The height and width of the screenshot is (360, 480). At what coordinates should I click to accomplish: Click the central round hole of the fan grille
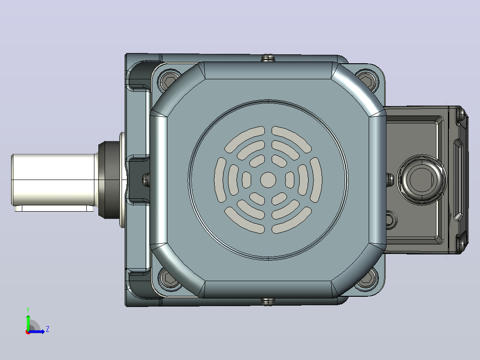point(268,180)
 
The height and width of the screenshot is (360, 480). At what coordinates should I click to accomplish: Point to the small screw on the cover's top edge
point(268,58)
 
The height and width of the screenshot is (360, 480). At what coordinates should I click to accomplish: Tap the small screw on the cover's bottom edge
point(268,302)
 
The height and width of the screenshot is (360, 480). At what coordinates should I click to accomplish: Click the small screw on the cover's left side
point(146,180)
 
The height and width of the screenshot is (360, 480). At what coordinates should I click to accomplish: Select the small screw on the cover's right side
point(390,180)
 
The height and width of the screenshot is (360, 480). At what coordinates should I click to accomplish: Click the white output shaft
point(54,180)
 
